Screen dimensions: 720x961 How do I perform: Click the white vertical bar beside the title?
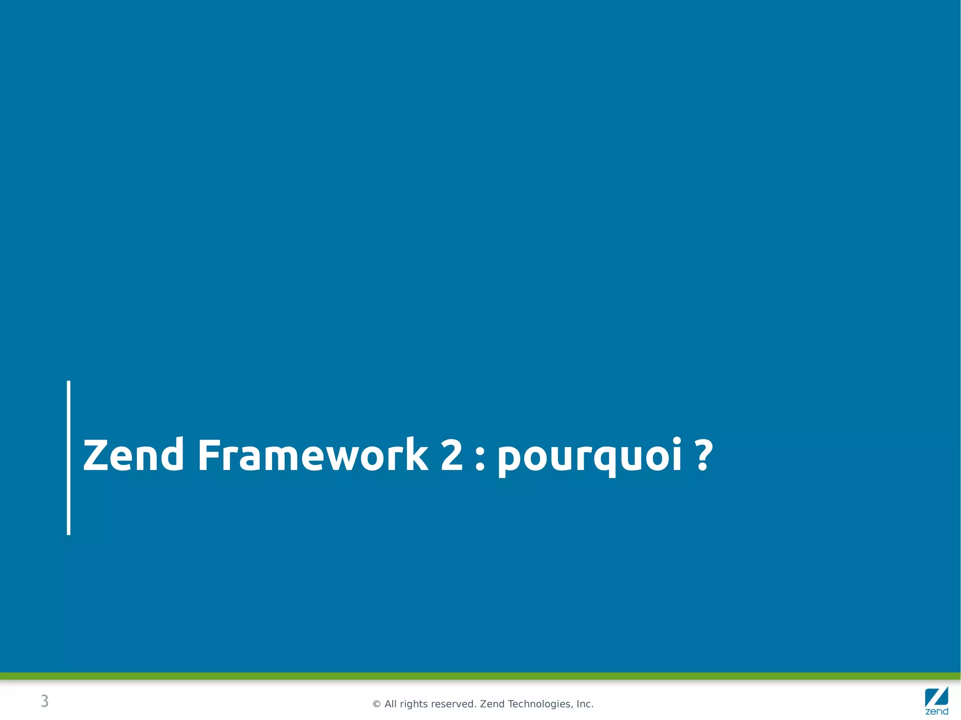pos(69,457)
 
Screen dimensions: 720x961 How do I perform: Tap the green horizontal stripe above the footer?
pos(480,676)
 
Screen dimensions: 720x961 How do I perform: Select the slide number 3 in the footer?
pos(45,701)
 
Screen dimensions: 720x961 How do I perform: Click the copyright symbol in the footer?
pos(376,704)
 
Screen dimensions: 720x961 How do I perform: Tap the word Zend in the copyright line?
pos(492,704)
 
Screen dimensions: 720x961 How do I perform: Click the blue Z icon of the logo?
pos(936,697)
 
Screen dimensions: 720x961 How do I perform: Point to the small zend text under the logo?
pos(937,712)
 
